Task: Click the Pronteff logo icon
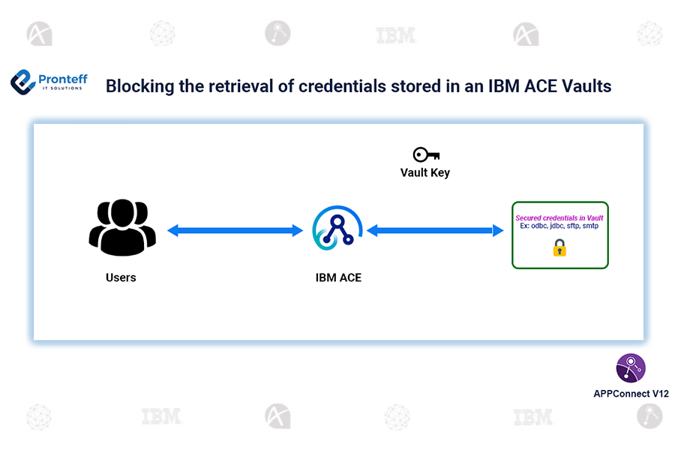(x=24, y=82)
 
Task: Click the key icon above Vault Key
(x=425, y=154)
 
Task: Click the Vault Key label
(x=425, y=172)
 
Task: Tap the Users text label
(x=121, y=277)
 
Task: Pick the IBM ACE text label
(x=338, y=277)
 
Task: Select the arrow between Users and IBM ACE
(x=235, y=231)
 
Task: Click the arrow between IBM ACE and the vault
(x=435, y=231)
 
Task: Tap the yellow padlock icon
(x=559, y=247)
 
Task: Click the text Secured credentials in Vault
(x=559, y=218)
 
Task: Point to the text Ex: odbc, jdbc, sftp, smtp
(x=559, y=226)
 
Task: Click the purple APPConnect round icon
(x=631, y=368)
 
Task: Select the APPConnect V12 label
(x=631, y=393)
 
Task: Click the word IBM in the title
(x=488, y=86)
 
